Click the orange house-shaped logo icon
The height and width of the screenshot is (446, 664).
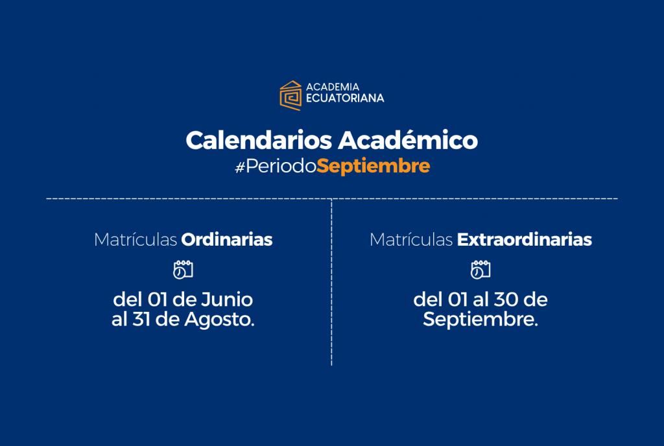(x=290, y=96)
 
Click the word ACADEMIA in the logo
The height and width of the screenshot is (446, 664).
(x=333, y=87)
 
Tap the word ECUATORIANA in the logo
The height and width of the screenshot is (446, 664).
(x=345, y=98)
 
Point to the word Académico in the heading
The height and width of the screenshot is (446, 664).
(x=408, y=140)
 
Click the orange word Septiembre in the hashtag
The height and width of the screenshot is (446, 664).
(x=373, y=166)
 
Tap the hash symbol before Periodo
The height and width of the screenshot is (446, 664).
(x=240, y=167)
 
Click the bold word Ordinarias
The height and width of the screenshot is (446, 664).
(x=227, y=239)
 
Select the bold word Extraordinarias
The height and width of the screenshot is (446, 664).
(x=524, y=239)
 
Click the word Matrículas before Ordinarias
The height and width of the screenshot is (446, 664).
(x=136, y=239)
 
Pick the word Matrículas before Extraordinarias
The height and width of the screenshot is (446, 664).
(x=411, y=239)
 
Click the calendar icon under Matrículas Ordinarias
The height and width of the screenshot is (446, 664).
(x=183, y=270)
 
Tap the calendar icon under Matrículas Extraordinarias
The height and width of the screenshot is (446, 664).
(x=480, y=270)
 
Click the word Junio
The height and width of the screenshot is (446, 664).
(x=226, y=299)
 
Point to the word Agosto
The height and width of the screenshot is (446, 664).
(x=219, y=320)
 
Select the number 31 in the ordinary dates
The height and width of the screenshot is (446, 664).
(x=141, y=320)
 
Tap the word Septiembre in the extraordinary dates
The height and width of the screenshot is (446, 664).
(x=480, y=320)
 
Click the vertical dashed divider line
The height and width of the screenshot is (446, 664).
(x=331, y=282)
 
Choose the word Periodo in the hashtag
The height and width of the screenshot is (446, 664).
(x=281, y=166)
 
